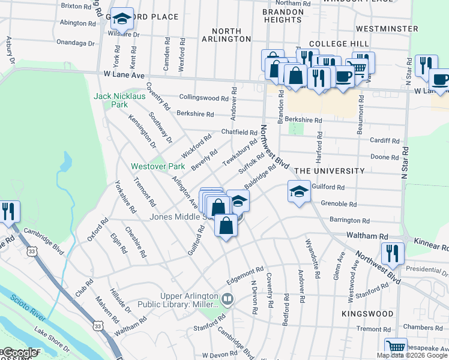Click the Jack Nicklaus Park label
pos(111,100)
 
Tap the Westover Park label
pos(158,166)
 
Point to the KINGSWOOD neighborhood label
pos(366,314)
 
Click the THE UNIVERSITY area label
pos(329,171)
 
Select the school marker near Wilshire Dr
pos(122,20)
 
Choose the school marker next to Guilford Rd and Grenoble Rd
pos(298,192)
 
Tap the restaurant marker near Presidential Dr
pos(391,254)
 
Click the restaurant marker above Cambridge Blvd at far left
pos(8,212)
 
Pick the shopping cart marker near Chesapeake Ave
pos(395,347)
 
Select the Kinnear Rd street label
pos(431,244)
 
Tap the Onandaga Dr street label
pos(75,43)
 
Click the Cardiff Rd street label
pos(385,140)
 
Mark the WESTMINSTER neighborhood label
pos(387,29)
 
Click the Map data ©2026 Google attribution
pos(411,355)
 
